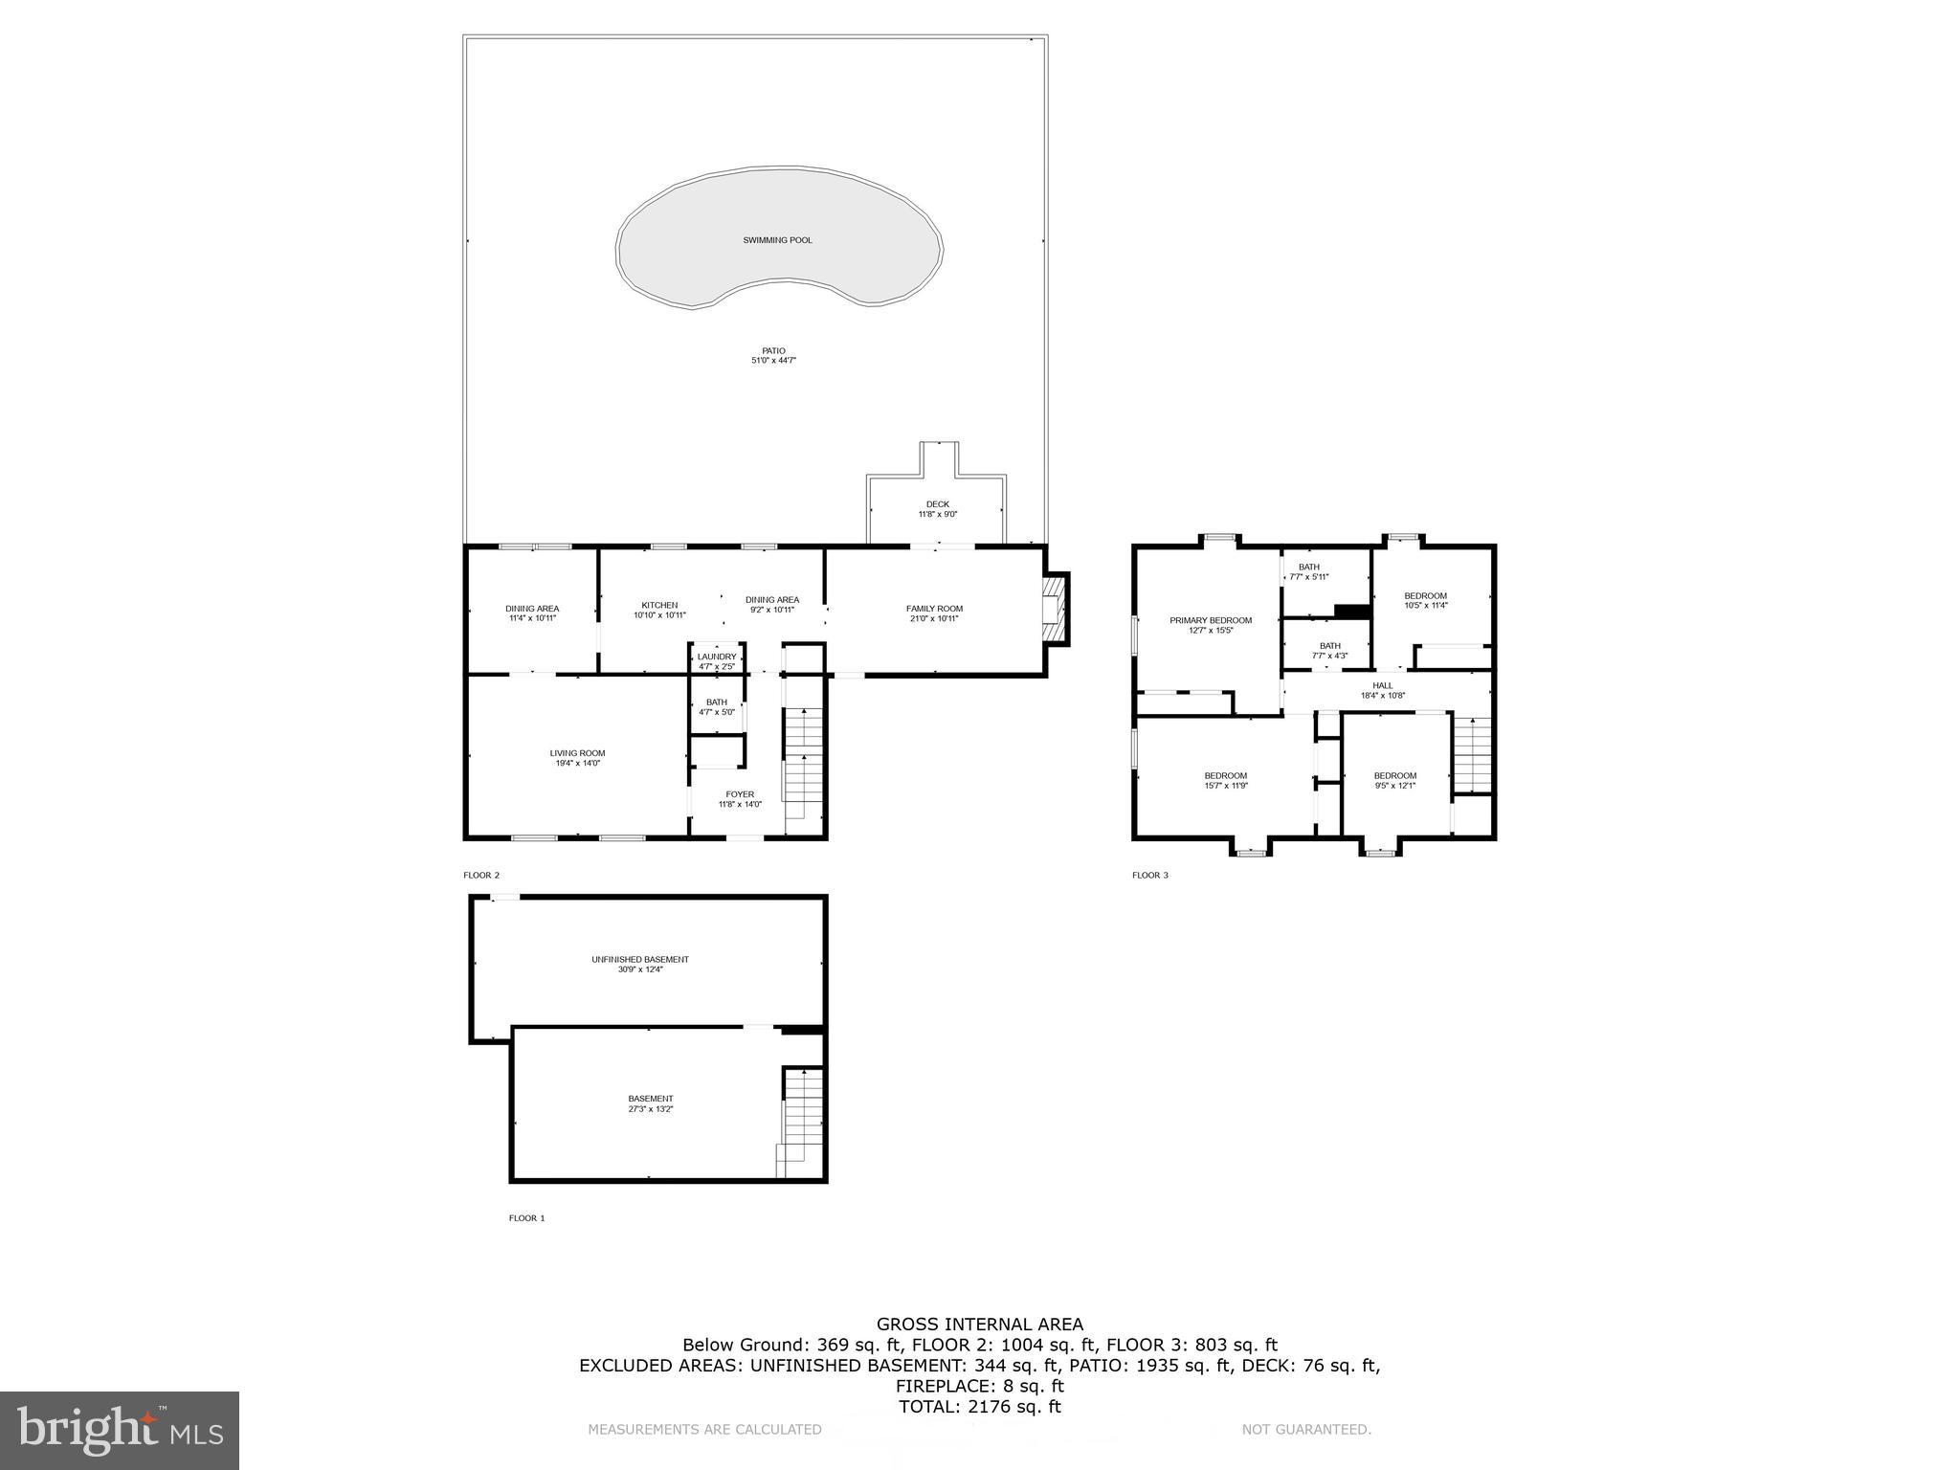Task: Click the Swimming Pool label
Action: click(777, 240)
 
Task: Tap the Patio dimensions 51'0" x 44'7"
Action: click(773, 361)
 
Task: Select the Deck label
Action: click(937, 504)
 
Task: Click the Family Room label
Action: click(934, 609)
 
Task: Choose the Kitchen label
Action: click(659, 605)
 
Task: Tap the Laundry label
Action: click(717, 657)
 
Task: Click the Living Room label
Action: click(577, 753)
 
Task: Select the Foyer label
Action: click(740, 794)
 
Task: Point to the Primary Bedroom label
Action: click(1211, 620)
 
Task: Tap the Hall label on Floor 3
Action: click(1383, 685)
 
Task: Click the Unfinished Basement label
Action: click(639, 959)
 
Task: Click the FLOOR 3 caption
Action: click(1150, 875)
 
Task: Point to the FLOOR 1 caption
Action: click(526, 1218)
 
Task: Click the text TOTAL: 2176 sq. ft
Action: click(979, 1407)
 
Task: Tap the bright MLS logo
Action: click(120, 1431)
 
